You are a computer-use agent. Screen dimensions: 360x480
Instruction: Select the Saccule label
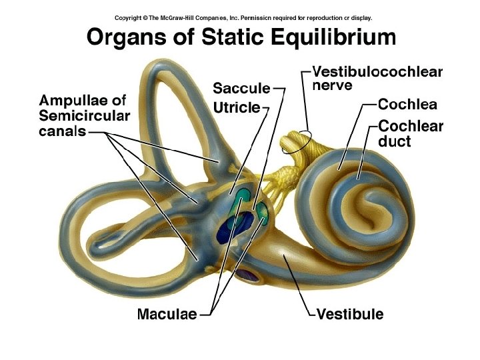[241, 88]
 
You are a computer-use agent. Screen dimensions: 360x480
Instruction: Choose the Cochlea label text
[407, 104]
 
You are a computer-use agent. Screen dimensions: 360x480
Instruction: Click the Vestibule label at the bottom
[350, 313]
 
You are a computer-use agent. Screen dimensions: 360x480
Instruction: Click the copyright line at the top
[243, 18]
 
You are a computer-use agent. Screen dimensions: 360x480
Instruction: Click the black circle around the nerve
[296, 141]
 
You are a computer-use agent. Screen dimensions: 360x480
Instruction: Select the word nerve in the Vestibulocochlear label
[332, 86]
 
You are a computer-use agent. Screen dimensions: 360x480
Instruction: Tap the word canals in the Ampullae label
[63, 131]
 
